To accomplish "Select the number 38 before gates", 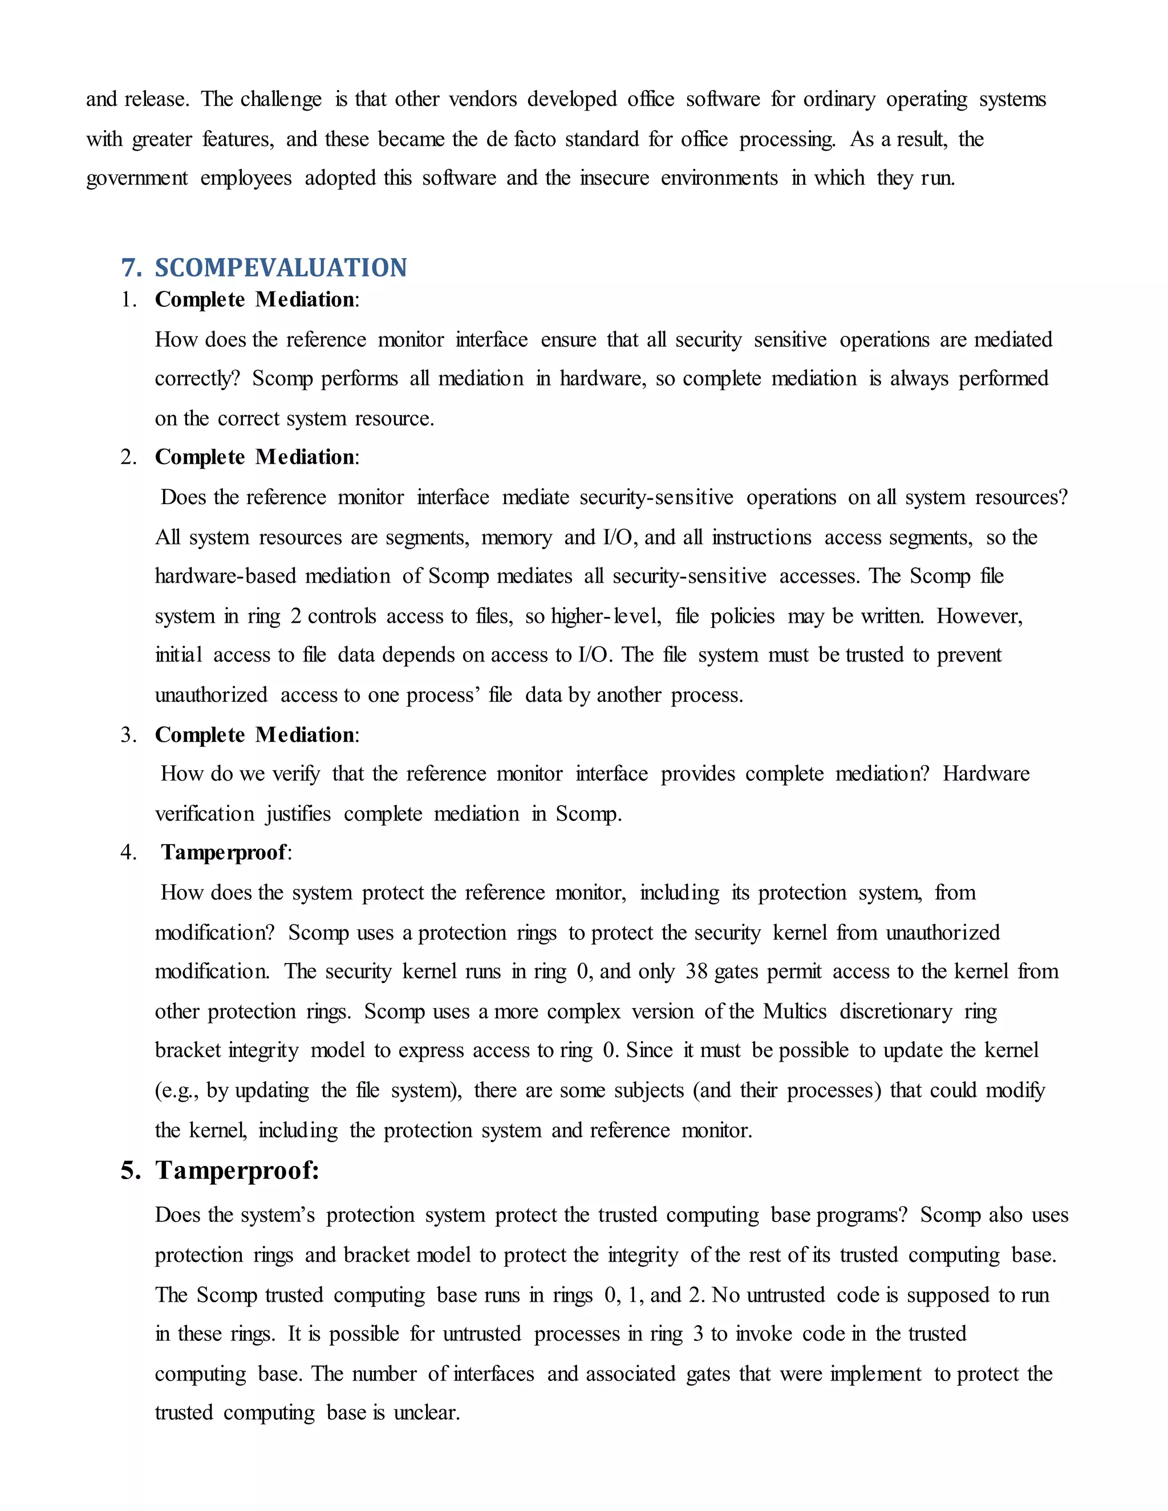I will (x=696, y=972).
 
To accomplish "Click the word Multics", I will (x=794, y=1012).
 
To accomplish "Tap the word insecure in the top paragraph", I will (x=614, y=178).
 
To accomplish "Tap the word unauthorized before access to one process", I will (x=211, y=694).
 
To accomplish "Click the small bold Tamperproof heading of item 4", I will (x=224, y=852).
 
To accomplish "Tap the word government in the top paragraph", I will (x=136, y=178).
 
